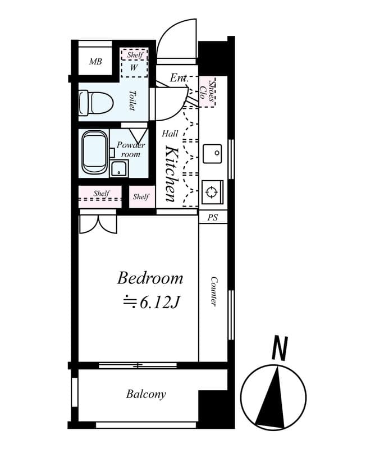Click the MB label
pos(95,61)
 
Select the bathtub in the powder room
pos(94,152)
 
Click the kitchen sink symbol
pos(212,153)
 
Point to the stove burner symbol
pos(212,192)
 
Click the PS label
pos(213,217)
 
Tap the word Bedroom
pos(150,278)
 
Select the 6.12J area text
pos(151,303)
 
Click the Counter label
pos(214,291)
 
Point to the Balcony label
pos(146,394)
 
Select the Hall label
pos(170,134)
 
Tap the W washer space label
pos(134,68)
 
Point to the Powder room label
pos(130,149)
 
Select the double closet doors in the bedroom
pos(98,223)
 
